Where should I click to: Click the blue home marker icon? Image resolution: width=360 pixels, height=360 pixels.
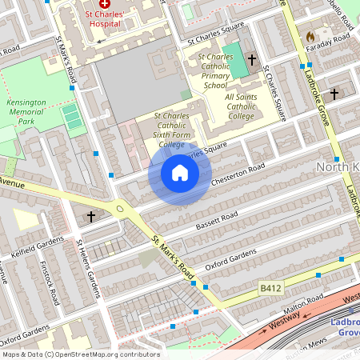(x=180, y=173)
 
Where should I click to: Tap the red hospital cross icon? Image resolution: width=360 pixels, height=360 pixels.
(x=105, y=5)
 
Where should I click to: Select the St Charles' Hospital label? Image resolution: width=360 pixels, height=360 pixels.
(x=105, y=18)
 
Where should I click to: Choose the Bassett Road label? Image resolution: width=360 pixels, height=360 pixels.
(x=218, y=217)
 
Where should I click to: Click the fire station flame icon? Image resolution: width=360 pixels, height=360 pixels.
(x=310, y=37)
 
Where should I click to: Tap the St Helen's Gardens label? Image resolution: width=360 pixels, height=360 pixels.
(x=88, y=266)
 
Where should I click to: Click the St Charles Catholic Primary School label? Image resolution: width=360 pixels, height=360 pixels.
(x=215, y=70)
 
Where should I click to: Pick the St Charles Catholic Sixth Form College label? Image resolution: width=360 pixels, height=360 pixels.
(x=160, y=130)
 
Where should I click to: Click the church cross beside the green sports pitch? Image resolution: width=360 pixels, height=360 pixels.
(x=252, y=60)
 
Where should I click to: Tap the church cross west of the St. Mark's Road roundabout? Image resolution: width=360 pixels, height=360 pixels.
(x=91, y=216)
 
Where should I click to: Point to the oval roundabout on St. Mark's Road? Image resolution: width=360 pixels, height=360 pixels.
(x=120, y=210)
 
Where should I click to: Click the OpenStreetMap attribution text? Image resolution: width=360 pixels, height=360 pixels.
(x=80, y=354)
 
